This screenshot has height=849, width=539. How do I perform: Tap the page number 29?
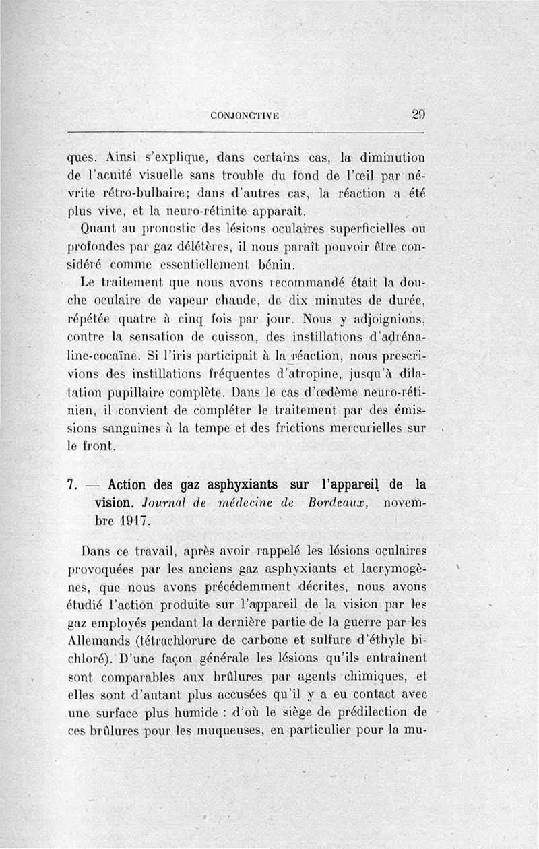(x=418, y=114)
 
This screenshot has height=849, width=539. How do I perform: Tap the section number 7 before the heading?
(x=72, y=485)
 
